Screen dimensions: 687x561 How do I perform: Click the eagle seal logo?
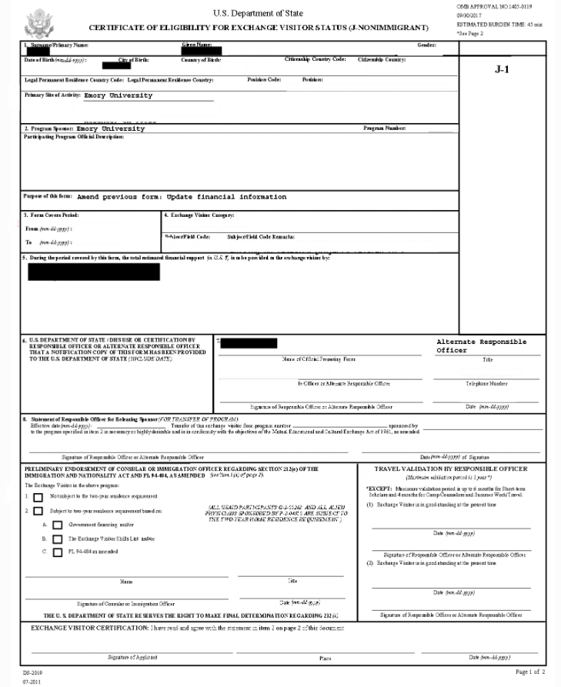point(40,23)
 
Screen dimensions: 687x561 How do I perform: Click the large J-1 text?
point(502,68)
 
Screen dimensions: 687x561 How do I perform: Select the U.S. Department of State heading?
point(258,13)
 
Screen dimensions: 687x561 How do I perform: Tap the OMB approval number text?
point(494,6)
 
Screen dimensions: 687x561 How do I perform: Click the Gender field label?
point(427,45)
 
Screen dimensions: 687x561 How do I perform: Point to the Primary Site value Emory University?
point(113,95)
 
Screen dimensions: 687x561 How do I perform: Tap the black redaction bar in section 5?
point(93,272)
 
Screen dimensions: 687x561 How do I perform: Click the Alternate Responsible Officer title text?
point(481,345)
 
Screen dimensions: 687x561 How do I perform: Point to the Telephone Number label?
point(487,383)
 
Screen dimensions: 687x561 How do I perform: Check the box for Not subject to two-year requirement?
point(38,497)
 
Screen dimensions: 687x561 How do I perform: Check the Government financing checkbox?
point(57,525)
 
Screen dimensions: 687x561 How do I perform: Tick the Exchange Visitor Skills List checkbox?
point(57,539)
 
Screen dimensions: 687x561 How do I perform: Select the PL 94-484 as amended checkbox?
point(57,552)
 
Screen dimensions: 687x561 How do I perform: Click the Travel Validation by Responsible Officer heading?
point(451,469)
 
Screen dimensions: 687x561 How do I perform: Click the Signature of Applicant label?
point(133,657)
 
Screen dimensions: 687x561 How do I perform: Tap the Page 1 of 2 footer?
point(528,672)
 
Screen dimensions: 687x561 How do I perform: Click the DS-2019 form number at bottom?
point(31,673)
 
